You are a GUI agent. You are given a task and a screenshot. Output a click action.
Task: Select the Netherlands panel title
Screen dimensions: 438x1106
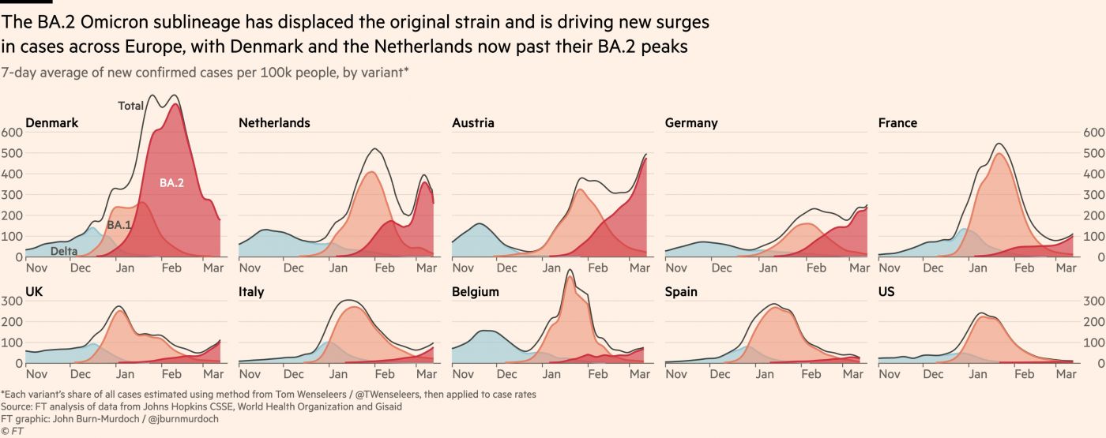pyautogui.click(x=274, y=123)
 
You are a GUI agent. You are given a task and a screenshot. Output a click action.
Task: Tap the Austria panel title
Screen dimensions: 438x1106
pyautogui.click(x=473, y=123)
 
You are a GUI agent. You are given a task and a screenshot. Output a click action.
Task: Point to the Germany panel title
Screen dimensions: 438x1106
pyautogui.click(x=691, y=123)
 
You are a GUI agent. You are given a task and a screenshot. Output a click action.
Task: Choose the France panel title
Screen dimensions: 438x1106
pyautogui.click(x=897, y=123)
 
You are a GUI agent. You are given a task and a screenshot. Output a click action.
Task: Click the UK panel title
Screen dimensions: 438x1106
pyautogui.click(x=34, y=292)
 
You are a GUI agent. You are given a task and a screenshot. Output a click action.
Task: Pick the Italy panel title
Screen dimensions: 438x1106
pyautogui.click(x=251, y=292)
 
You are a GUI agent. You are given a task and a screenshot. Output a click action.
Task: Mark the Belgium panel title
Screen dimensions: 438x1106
pyautogui.click(x=476, y=292)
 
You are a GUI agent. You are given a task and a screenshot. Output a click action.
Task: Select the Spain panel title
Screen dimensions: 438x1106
pyautogui.click(x=681, y=292)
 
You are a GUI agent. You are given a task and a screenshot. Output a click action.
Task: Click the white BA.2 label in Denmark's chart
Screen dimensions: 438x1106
pyautogui.click(x=171, y=183)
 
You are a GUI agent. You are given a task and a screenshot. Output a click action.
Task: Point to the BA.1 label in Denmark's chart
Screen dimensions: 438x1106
pyautogui.click(x=119, y=226)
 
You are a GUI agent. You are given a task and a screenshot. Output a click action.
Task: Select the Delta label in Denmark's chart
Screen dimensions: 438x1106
pyautogui.click(x=65, y=252)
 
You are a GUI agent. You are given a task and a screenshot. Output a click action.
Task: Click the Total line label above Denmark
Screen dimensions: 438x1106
pyautogui.click(x=130, y=106)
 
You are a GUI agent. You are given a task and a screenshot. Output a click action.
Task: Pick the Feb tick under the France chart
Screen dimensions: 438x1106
pyautogui.click(x=1024, y=268)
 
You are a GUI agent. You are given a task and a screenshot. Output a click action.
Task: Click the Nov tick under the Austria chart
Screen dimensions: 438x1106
pyautogui.click(x=464, y=268)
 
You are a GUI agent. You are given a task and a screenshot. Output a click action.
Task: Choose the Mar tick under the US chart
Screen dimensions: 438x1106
pyautogui.click(x=1066, y=374)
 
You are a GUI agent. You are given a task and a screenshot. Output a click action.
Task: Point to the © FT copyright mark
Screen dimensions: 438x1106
pyautogui.click(x=12, y=431)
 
